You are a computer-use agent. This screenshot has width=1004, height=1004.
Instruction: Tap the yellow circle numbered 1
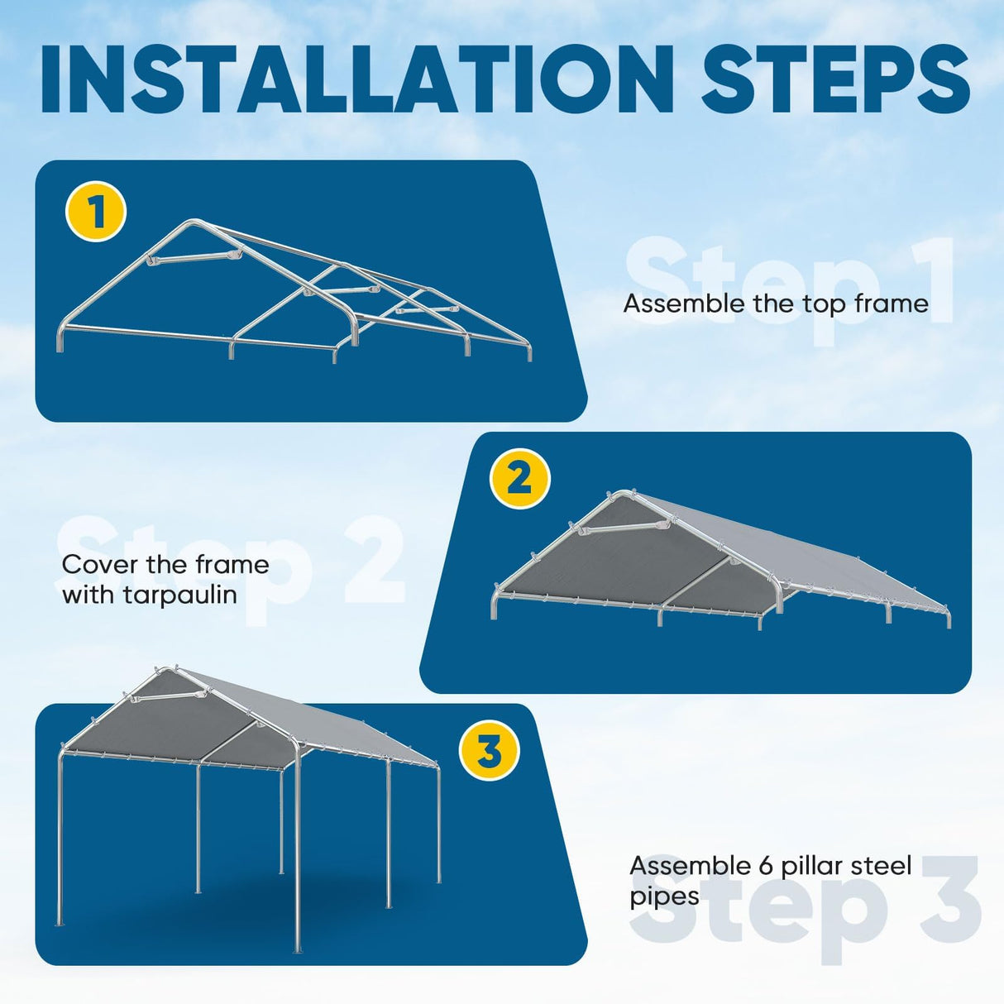click(96, 212)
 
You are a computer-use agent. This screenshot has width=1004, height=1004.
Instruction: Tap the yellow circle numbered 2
click(519, 478)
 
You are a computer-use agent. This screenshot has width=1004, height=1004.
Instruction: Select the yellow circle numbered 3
click(489, 752)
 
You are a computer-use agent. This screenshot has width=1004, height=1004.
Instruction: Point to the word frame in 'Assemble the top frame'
click(891, 304)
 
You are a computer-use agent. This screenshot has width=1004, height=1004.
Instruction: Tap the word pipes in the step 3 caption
click(664, 897)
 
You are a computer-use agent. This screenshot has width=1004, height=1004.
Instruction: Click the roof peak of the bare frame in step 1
click(194, 222)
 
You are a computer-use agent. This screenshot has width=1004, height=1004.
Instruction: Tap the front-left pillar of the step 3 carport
click(60, 835)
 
